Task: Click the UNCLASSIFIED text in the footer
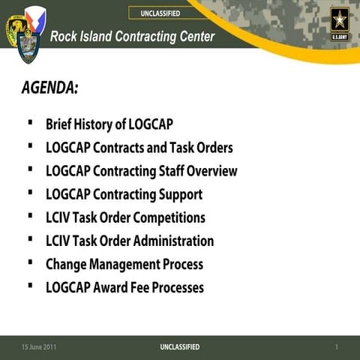point(180,346)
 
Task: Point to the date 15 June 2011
point(38,346)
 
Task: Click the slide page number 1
point(337,346)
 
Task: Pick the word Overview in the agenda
point(211,171)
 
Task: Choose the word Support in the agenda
point(178,194)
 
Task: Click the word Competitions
point(169,217)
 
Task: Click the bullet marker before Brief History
point(29,122)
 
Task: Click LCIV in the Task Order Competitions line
point(58,217)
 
